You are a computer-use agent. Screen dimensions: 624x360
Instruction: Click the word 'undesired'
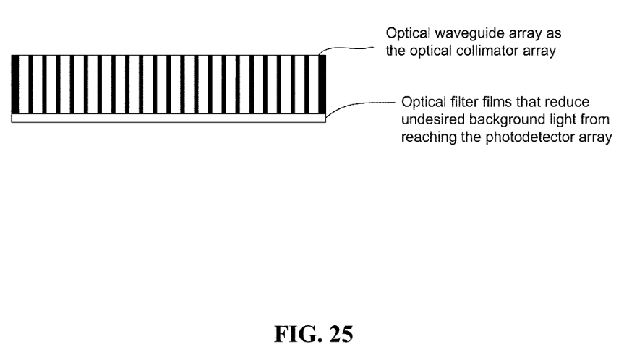pos(433,120)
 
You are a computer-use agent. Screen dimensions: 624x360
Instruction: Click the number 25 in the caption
pos(341,334)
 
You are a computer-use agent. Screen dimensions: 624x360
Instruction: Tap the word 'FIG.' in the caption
pos(298,334)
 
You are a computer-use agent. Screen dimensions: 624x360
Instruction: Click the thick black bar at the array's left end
pos(15,85)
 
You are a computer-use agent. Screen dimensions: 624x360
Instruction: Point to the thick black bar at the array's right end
pos(322,85)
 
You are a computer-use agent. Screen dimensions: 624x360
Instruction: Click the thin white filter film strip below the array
pos(168,118)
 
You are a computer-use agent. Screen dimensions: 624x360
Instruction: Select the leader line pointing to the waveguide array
pos(346,49)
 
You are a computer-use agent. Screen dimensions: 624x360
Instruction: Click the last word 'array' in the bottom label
pos(596,137)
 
